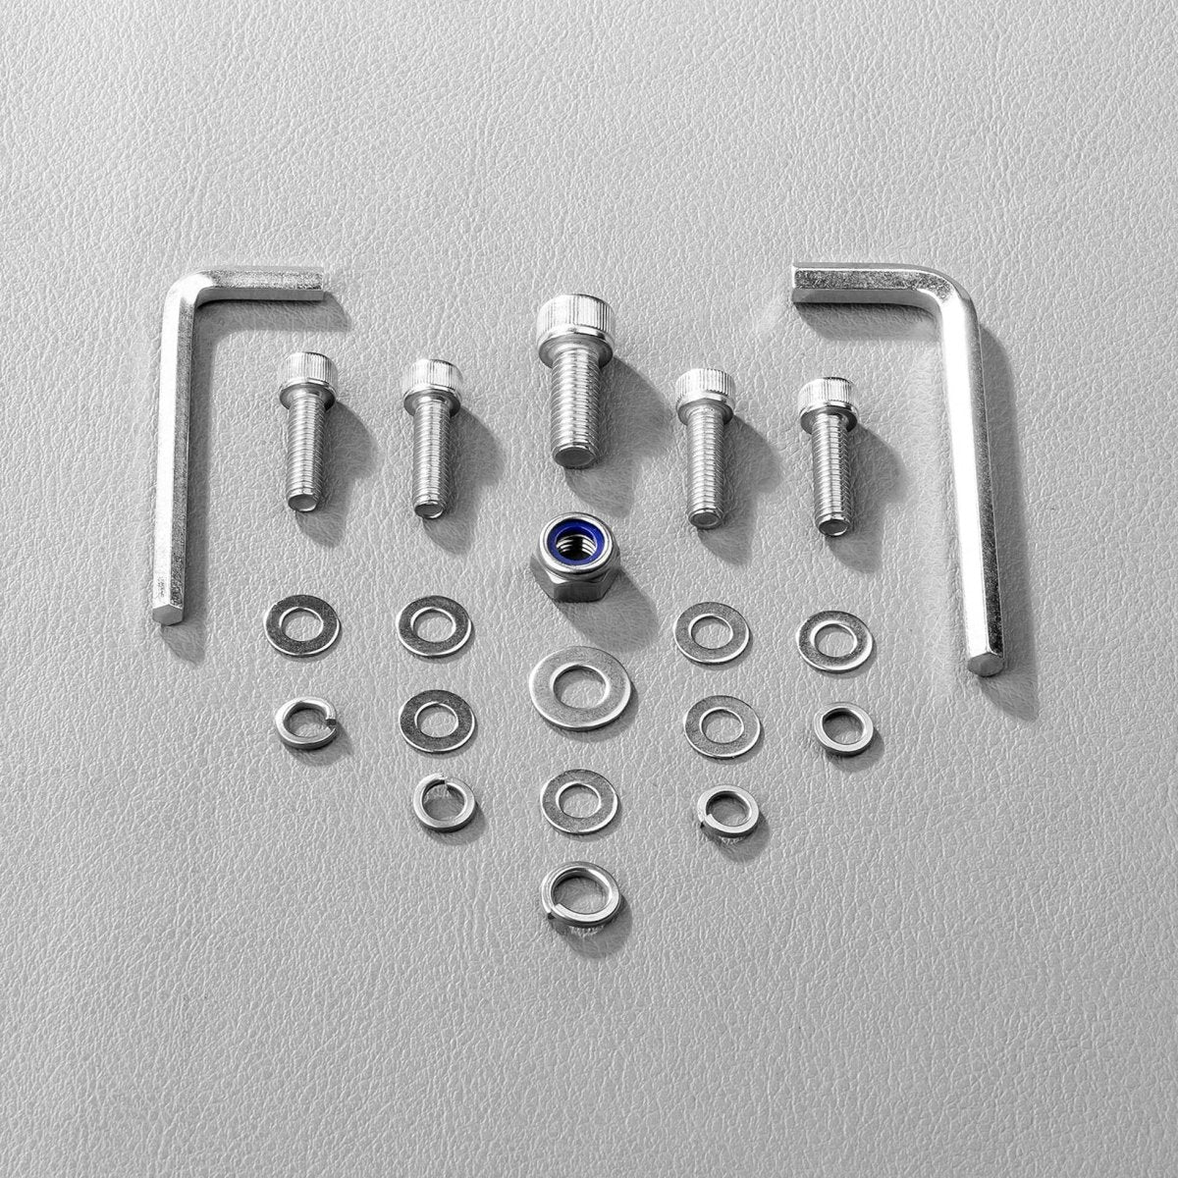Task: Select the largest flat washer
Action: tap(580, 687)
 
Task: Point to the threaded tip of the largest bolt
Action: tap(575, 454)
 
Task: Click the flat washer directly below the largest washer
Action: tap(579, 801)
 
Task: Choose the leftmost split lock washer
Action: tap(306, 723)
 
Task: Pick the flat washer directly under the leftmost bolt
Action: tap(301, 625)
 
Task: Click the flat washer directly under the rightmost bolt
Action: tap(834, 640)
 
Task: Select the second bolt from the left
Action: tap(431, 437)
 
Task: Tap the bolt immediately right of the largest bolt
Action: tap(705, 447)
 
